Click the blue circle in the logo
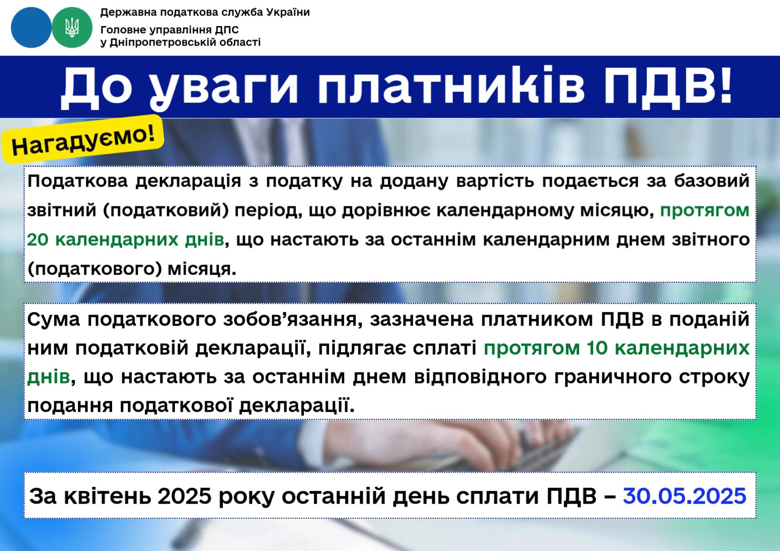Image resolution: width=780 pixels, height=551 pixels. (x=31, y=27)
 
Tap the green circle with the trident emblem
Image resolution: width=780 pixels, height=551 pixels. (x=72, y=27)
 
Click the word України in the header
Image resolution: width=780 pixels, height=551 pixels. (x=288, y=12)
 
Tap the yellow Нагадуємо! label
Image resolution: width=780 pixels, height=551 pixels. (x=82, y=140)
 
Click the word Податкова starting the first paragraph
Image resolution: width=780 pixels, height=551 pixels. (x=77, y=181)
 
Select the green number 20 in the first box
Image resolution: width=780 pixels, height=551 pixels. (x=37, y=240)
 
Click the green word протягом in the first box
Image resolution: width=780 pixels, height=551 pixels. (x=704, y=210)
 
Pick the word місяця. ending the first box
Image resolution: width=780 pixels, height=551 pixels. (x=202, y=269)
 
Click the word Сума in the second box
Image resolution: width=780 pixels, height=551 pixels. (x=54, y=319)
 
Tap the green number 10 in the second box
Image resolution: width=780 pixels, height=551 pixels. (x=597, y=348)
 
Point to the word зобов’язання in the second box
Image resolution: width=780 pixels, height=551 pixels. (x=290, y=319)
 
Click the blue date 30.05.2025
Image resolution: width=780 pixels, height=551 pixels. (x=685, y=495)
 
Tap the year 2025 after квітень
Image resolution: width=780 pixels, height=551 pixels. (x=185, y=495)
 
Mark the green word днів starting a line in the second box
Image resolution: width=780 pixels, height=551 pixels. (x=49, y=377)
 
